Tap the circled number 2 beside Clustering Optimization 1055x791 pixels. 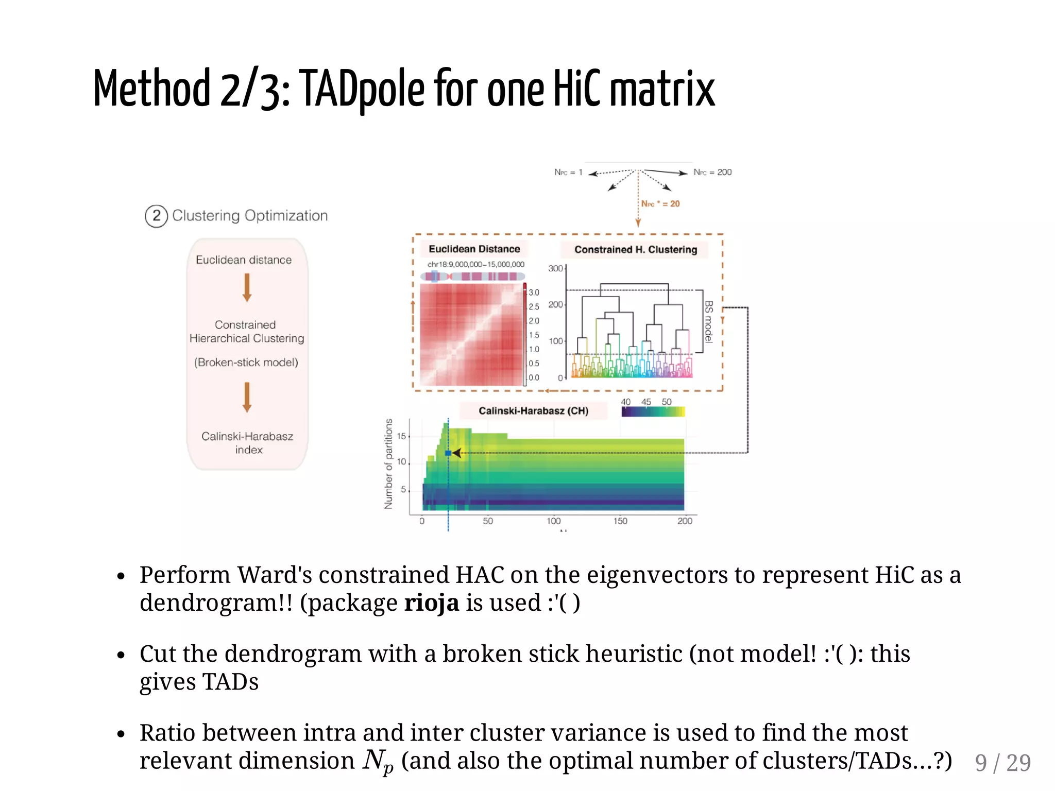156,216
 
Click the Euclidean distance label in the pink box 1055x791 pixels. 244,260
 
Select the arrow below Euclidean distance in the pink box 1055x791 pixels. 247,287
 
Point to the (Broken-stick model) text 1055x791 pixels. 246,363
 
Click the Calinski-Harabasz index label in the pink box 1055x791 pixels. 248,443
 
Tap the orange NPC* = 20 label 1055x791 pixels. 660,204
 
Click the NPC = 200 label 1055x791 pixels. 712,172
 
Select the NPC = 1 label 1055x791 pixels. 568,172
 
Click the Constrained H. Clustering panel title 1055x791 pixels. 636,250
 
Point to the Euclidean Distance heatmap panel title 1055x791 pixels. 474,249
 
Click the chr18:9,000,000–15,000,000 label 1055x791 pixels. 476,265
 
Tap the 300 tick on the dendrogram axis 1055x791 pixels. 555,268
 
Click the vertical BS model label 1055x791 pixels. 709,322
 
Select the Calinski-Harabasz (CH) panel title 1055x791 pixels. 533,411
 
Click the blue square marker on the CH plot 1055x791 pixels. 448,453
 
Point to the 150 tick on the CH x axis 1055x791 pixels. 620,521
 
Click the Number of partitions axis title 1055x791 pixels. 389,463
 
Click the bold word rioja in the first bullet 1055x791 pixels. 431,603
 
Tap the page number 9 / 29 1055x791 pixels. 1002,763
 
